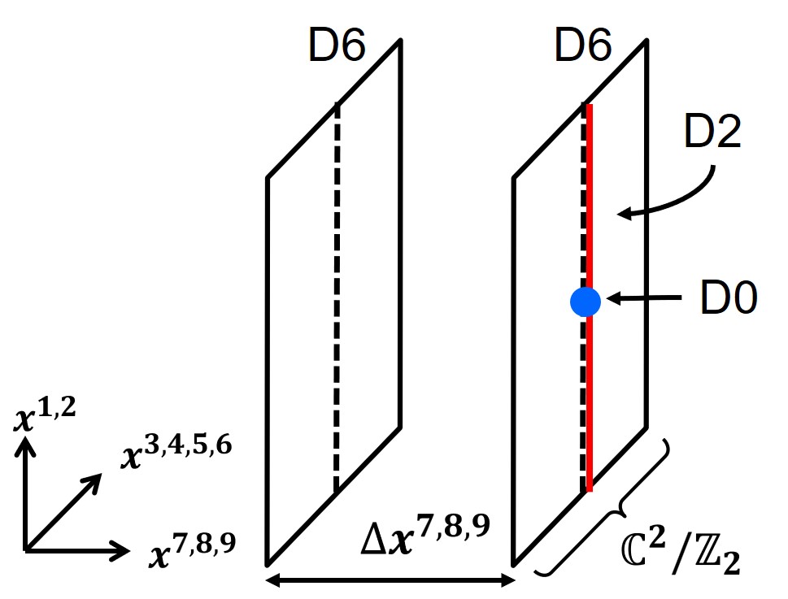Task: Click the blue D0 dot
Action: tap(585, 302)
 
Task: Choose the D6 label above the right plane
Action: tap(583, 49)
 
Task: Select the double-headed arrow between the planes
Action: tap(391, 580)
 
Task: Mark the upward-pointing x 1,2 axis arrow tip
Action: tap(28, 441)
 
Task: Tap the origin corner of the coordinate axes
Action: tap(28, 551)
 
